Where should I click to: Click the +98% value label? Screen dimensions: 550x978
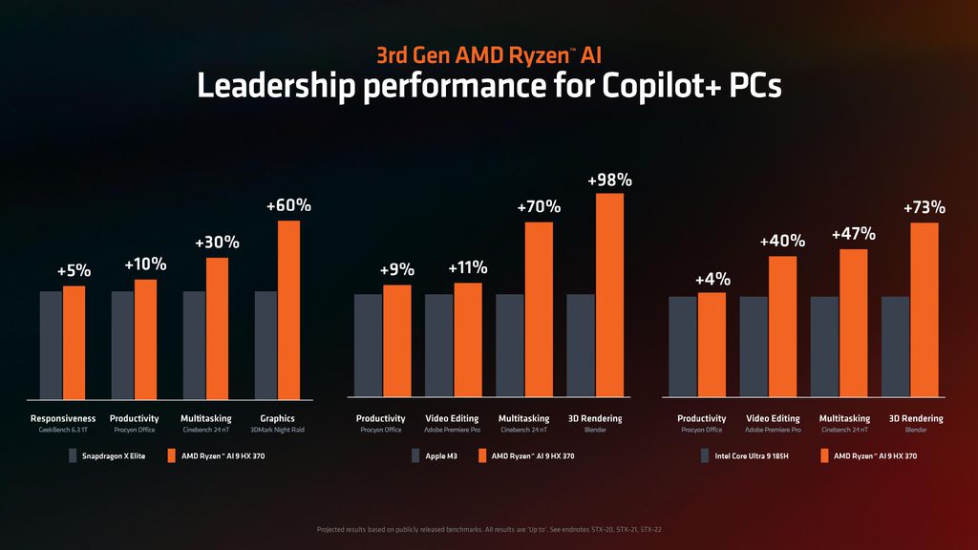click(609, 180)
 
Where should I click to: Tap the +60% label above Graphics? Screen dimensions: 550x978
click(288, 206)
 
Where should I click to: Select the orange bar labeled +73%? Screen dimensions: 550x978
click(924, 309)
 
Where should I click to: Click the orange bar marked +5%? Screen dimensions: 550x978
click(74, 341)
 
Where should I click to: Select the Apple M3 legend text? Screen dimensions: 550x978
click(442, 456)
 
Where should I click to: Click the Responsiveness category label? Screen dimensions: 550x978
click(63, 418)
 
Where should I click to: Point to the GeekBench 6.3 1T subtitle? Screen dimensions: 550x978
click(63, 431)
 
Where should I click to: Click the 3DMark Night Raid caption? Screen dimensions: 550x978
click(277, 431)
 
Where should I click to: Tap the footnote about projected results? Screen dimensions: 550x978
click(489, 528)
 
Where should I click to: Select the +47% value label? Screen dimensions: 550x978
click(854, 234)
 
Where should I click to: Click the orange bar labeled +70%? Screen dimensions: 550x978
click(539, 308)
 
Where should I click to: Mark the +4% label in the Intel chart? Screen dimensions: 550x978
click(712, 279)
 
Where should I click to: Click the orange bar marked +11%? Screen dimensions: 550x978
click(468, 339)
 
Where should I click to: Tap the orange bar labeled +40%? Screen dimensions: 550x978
click(782, 326)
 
